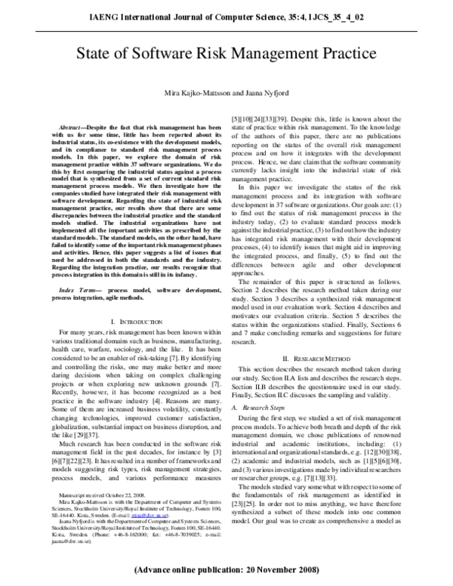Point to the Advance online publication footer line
point(226,569)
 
